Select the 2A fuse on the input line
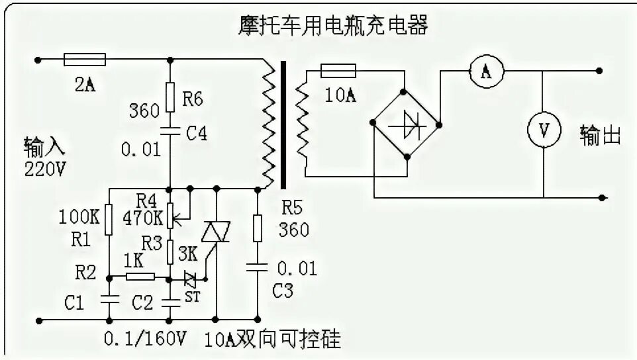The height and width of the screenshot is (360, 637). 84,60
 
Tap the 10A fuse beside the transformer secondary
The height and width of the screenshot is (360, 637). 338,70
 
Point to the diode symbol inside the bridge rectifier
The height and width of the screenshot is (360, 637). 406,124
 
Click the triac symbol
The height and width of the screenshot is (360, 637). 213,233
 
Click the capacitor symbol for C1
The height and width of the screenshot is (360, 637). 109,299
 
